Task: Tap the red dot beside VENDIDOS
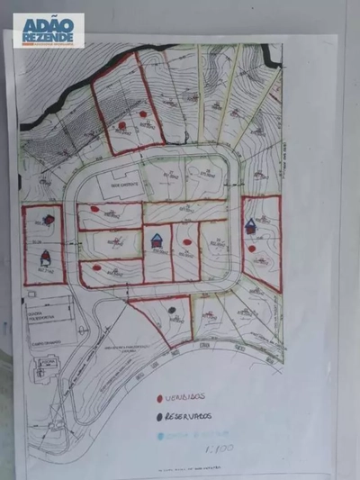[x=159, y=397]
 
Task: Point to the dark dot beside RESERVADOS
[x=160, y=417]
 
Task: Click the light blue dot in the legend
[x=160, y=436]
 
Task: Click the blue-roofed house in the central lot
[x=157, y=240]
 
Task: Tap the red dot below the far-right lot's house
[x=252, y=249]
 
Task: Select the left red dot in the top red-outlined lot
[x=121, y=124]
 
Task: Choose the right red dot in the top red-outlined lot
[x=144, y=113]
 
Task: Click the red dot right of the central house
[x=186, y=240]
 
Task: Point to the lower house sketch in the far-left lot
[x=45, y=257]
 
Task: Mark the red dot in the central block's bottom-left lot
[x=95, y=267]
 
